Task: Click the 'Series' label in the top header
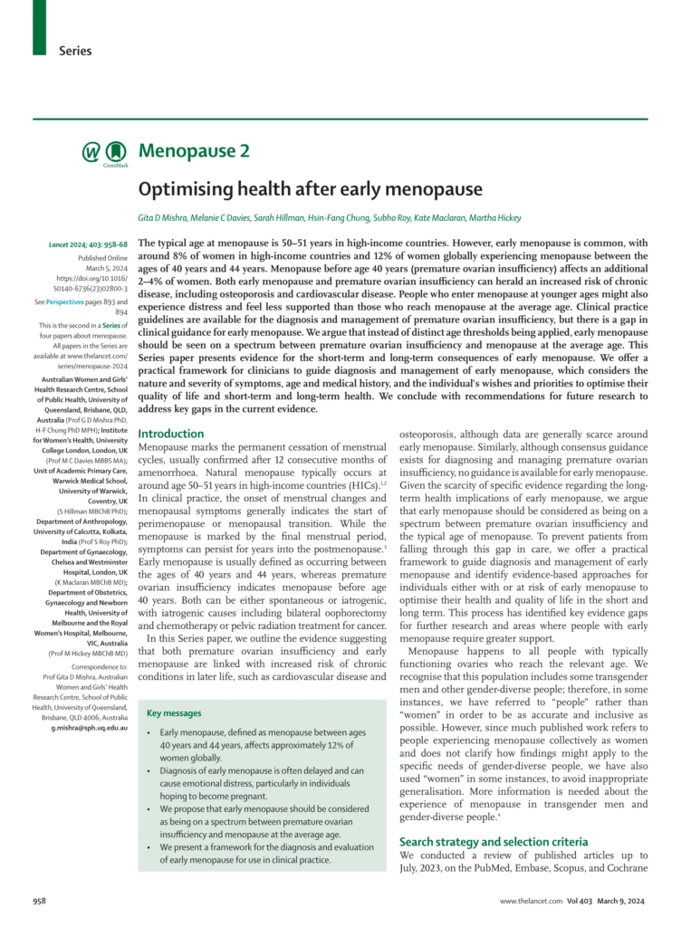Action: pyautogui.click(x=75, y=51)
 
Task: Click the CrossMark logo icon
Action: pyautogui.click(x=115, y=153)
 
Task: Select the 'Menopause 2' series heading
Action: pyautogui.click(x=194, y=150)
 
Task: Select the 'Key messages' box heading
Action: pyautogui.click(x=174, y=713)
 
